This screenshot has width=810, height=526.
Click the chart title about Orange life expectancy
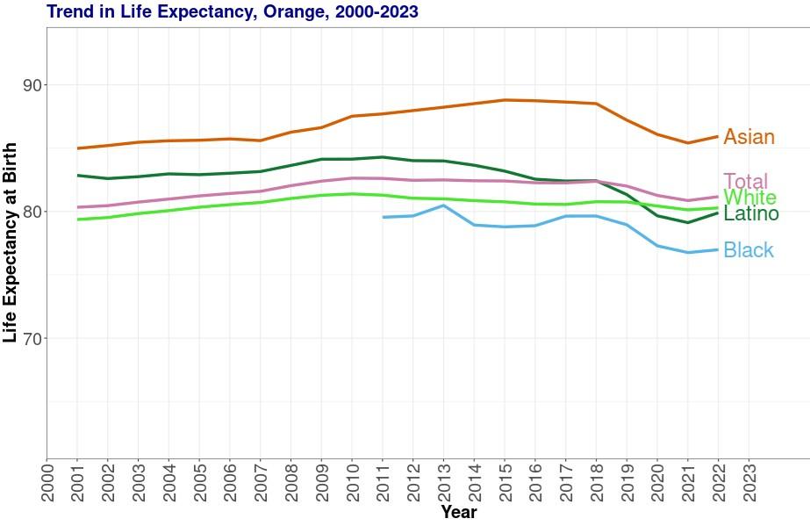point(233,11)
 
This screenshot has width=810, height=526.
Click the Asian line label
point(749,137)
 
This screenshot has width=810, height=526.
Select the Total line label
point(745,182)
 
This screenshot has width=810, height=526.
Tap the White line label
point(749,198)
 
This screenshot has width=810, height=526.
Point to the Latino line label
point(751,213)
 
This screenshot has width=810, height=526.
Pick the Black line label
point(749,251)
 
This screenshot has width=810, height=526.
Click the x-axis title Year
point(459,512)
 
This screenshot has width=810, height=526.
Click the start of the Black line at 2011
point(383,217)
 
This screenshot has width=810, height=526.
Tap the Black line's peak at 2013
point(444,205)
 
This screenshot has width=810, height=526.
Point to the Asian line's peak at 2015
point(505,100)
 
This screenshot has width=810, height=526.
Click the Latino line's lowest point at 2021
point(688,222)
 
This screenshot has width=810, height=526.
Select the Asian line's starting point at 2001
point(78,148)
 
